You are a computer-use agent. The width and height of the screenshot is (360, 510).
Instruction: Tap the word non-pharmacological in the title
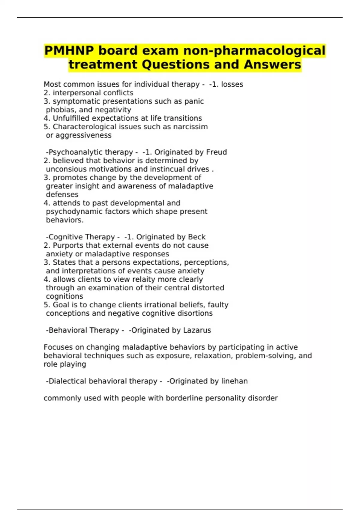[x=254, y=50]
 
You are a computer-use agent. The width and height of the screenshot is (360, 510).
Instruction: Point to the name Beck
[x=197, y=237]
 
